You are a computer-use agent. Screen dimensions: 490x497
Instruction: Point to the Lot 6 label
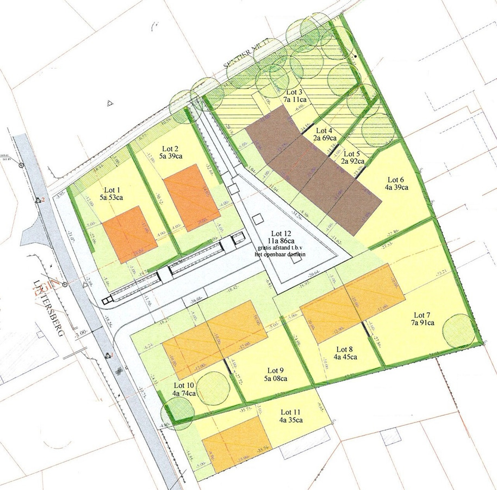(395, 180)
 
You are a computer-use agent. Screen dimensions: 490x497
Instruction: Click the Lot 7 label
(422, 315)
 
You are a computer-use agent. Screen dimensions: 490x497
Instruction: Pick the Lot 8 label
(345, 349)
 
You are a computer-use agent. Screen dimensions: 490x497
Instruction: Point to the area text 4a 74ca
(184, 393)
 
